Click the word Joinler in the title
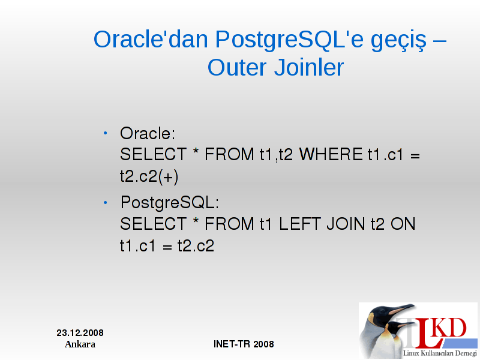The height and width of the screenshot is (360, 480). click(x=309, y=67)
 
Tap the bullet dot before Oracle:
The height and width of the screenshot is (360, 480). click(x=106, y=133)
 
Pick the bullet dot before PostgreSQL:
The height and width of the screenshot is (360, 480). click(x=106, y=203)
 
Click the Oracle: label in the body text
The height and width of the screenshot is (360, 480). click(x=148, y=133)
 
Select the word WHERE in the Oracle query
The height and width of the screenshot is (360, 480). click(x=331, y=154)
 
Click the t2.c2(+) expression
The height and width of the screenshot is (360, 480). click(x=149, y=176)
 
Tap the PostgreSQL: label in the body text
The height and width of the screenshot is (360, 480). click(x=170, y=203)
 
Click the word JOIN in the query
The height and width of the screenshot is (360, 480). click(x=346, y=224)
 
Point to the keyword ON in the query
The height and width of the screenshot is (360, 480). click(x=403, y=224)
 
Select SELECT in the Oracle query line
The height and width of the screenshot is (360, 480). click(x=154, y=154)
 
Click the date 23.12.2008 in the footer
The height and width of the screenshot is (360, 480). click(x=80, y=333)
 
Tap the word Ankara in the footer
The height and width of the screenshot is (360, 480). click(x=80, y=344)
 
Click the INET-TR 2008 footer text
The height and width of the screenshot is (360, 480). click(x=244, y=344)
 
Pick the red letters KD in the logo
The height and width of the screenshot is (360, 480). click(x=450, y=328)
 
